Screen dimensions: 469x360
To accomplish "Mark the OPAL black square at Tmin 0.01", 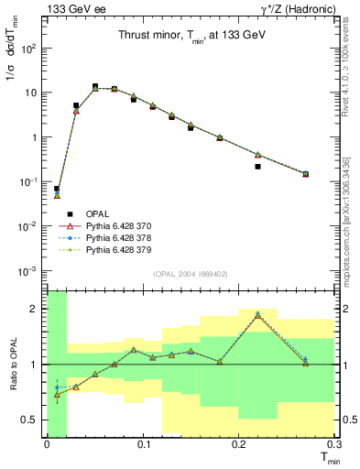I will (57, 189).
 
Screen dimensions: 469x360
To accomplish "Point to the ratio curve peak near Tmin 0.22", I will (257, 314).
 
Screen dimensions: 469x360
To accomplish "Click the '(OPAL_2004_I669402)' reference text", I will (190, 274).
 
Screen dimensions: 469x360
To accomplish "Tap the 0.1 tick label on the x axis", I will (142, 443).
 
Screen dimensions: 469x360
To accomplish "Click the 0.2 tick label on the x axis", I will (238, 443).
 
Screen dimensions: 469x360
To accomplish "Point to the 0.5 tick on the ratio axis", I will (34, 420).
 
